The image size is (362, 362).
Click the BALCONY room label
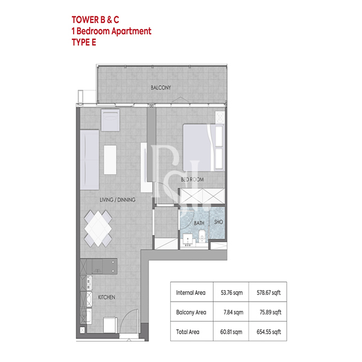(x=160, y=87)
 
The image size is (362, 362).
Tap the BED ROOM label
(x=192, y=179)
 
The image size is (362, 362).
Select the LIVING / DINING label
(x=118, y=200)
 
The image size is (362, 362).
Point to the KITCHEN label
(x=106, y=297)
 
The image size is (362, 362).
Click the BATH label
(x=199, y=223)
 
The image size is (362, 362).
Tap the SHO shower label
(x=218, y=222)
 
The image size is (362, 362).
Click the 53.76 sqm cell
(x=232, y=293)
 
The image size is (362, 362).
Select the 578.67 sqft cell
(x=268, y=293)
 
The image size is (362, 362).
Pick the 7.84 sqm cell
(x=233, y=313)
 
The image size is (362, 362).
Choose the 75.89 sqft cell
(x=270, y=313)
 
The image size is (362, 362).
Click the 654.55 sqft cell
(x=268, y=332)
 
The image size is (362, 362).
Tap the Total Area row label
(x=188, y=332)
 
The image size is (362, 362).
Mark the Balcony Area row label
(x=191, y=313)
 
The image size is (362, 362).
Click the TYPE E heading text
(x=84, y=42)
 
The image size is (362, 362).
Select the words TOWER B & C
(x=95, y=20)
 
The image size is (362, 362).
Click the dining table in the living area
(x=98, y=228)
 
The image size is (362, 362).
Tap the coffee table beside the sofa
(x=110, y=160)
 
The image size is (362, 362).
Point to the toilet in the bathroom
(x=202, y=235)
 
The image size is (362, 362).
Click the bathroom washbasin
(x=188, y=239)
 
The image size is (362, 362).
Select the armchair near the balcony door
(x=110, y=120)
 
